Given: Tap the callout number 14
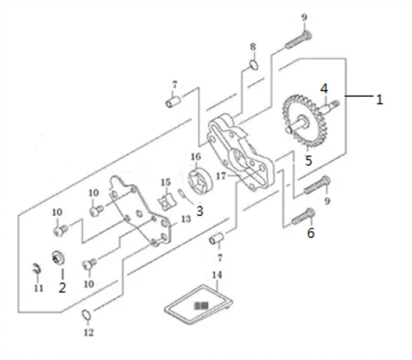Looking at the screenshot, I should point(217,275).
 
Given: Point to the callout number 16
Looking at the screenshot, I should point(196,156).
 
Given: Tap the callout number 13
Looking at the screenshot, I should point(186,219).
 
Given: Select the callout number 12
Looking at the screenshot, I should point(88,333).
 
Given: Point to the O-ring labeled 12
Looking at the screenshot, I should point(86,316).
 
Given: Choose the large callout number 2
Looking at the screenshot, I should point(62,288).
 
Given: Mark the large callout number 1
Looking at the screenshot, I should point(380,99).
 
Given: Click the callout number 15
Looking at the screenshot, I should point(166,182).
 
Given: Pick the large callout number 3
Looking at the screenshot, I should point(200,210).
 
